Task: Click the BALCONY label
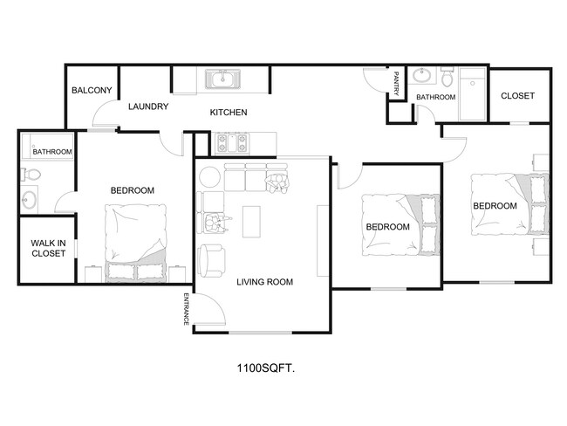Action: [90, 91]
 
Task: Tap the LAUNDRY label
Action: [147, 107]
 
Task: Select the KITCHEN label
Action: [229, 113]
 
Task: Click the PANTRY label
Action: [396, 85]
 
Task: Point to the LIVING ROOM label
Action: [264, 282]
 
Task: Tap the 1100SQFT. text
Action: [265, 368]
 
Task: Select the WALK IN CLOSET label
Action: [48, 249]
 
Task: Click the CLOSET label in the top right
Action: [517, 96]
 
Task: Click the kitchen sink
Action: [223, 80]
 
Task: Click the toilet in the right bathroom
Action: [447, 80]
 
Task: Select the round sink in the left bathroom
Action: [30, 198]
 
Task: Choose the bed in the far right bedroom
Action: [509, 204]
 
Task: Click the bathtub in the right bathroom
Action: [474, 94]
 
